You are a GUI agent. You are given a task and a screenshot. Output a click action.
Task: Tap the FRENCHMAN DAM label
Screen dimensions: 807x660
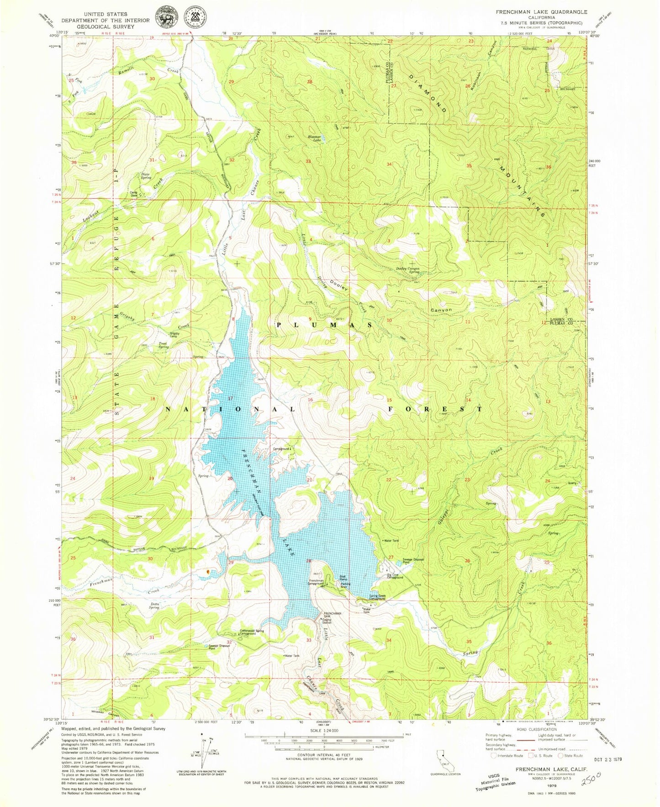pos(333,616)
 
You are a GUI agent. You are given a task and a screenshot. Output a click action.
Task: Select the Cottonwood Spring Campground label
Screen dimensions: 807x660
pos(252,632)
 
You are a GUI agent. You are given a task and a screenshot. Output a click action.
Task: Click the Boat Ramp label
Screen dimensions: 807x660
pos(343,578)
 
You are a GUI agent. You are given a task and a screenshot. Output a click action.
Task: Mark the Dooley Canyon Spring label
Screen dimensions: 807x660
pos(407,270)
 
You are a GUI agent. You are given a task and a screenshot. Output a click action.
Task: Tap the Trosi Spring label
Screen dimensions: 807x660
pos(164,345)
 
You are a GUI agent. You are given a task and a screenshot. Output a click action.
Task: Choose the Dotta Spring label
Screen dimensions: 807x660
pos(154,605)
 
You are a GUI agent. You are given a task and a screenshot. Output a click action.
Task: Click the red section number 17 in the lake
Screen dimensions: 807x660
pos(231,398)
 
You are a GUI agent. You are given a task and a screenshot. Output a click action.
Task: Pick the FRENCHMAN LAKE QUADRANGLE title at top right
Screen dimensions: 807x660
pos(542,12)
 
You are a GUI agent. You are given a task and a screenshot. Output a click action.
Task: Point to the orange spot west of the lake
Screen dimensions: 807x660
pos(208,571)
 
